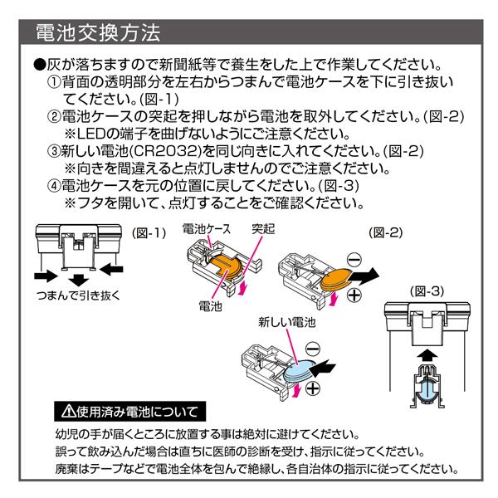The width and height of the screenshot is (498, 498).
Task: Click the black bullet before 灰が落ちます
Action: click(x=38, y=65)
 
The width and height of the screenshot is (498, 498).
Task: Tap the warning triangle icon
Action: click(x=67, y=411)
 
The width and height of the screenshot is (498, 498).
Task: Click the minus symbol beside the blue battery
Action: click(x=314, y=349)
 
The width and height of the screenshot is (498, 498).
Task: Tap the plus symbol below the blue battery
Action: click(x=315, y=388)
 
